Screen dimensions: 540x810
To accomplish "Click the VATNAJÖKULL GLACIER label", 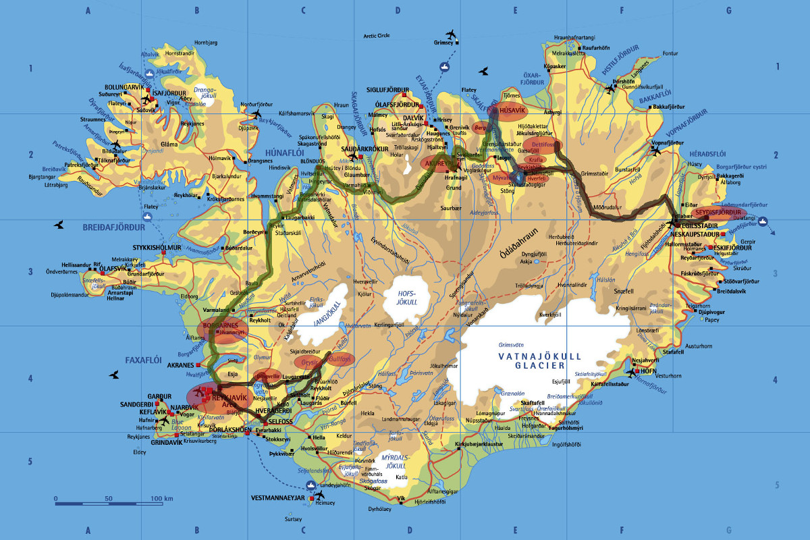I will coord(531,360).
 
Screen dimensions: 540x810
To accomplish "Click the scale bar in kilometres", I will coord(109,503).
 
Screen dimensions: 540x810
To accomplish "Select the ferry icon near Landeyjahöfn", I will coord(310,484).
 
